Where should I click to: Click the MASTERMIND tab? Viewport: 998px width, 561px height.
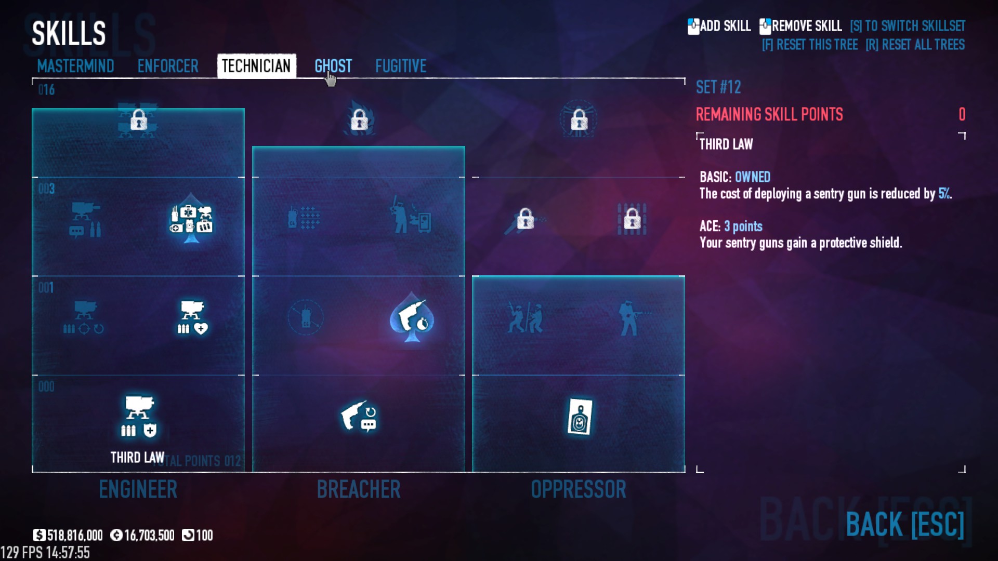pos(75,66)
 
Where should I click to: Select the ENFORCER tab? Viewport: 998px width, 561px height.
pos(168,66)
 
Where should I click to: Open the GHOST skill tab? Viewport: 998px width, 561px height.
pos(333,66)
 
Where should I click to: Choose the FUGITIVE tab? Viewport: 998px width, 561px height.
pos(401,66)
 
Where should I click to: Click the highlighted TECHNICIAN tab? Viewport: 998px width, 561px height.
pos(256,66)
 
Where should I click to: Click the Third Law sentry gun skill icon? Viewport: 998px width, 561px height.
pos(138,416)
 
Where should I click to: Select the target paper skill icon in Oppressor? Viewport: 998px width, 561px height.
pos(580,417)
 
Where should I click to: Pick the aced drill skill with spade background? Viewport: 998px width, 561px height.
pos(412,317)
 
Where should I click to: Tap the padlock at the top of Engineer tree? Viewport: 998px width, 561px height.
pos(138,120)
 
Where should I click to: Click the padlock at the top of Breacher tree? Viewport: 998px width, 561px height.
pos(359,120)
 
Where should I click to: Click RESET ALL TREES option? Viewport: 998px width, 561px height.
pos(915,45)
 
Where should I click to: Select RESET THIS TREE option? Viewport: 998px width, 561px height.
pos(810,45)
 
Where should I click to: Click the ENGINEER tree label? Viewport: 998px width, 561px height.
pos(138,489)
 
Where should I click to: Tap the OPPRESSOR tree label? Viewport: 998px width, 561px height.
pos(579,489)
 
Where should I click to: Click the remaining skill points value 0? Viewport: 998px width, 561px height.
pos(962,114)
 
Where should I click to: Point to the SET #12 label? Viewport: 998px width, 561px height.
pos(718,87)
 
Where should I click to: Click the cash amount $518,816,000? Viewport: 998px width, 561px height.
pos(69,535)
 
